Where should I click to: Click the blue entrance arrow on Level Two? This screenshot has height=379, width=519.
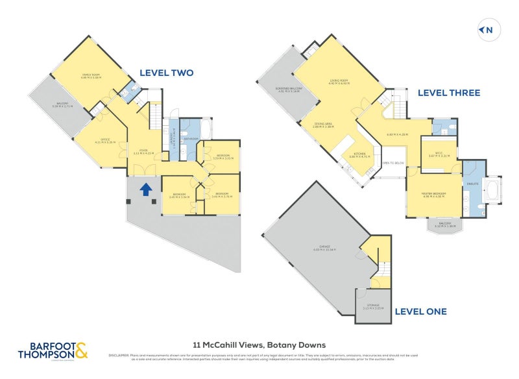click(147, 189)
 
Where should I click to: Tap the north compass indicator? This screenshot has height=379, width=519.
click(487, 30)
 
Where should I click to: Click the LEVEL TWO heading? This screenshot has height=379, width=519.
click(166, 73)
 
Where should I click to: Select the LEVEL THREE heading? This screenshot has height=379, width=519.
click(448, 93)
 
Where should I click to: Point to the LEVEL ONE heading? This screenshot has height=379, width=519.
click(420, 312)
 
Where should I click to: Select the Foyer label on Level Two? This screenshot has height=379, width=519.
click(138, 151)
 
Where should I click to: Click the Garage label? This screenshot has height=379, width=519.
click(322, 247)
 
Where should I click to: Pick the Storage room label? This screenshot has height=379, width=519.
click(373, 306)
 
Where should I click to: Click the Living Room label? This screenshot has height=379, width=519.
click(338, 81)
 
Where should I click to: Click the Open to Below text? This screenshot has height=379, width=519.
click(393, 163)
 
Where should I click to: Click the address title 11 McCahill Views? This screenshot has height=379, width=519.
click(259, 345)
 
